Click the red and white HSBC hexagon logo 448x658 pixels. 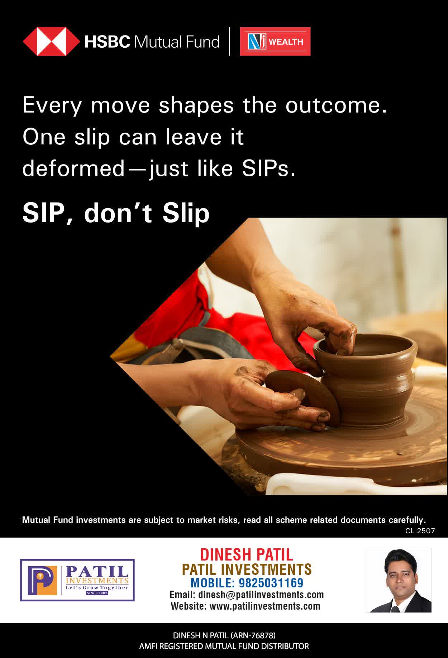coord(51,42)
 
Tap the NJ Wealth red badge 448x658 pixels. coord(275,42)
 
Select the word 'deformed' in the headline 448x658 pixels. coord(73,168)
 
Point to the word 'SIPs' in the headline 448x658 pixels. coord(269,168)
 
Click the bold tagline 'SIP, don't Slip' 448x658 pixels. coord(116,213)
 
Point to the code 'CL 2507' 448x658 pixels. coord(420,531)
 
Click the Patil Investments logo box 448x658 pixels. coord(77,580)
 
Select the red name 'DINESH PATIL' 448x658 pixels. coord(247,555)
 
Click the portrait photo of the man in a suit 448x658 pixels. coord(399,580)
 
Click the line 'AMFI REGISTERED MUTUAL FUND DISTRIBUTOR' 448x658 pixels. coord(224,646)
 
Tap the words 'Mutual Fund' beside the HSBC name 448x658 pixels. coord(177,42)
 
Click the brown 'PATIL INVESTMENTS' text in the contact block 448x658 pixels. coord(247,569)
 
